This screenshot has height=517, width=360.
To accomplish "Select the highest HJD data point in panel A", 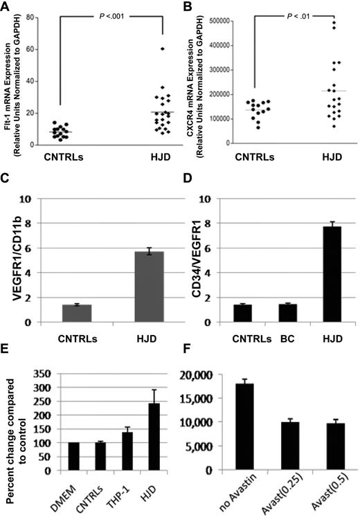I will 163,48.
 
